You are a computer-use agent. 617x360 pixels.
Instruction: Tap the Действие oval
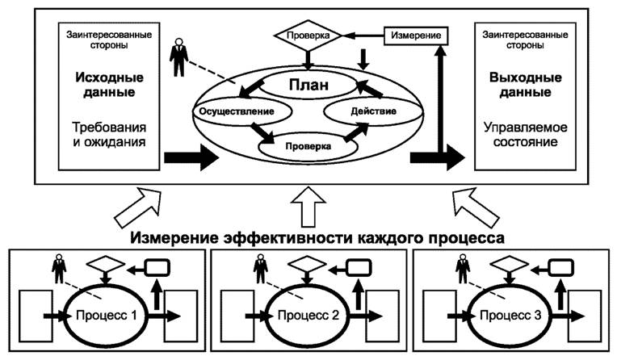tap(372, 110)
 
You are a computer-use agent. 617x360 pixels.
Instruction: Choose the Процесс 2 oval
tap(309, 313)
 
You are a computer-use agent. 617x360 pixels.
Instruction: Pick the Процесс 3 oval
tap(511, 313)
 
